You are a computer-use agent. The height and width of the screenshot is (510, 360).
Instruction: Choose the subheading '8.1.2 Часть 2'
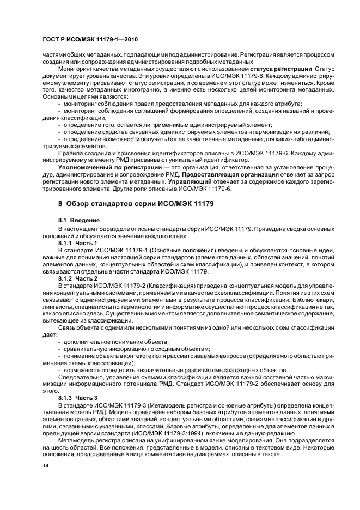[x=78, y=278]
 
